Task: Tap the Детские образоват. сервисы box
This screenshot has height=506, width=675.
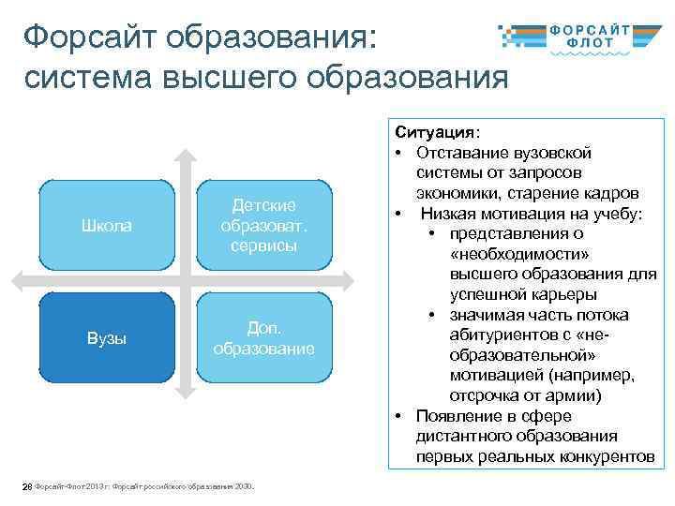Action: pyautogui.click(x=263, y=225)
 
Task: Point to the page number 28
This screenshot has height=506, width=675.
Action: pyautogui.click(x=27, y=486)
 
